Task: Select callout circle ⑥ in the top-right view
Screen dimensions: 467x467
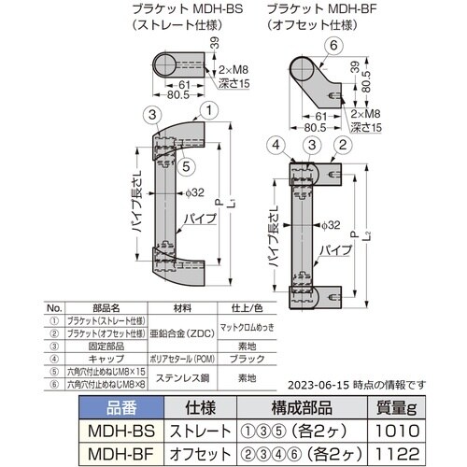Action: click(334, 46)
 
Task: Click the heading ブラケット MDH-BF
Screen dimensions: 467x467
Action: click(318, 7)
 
